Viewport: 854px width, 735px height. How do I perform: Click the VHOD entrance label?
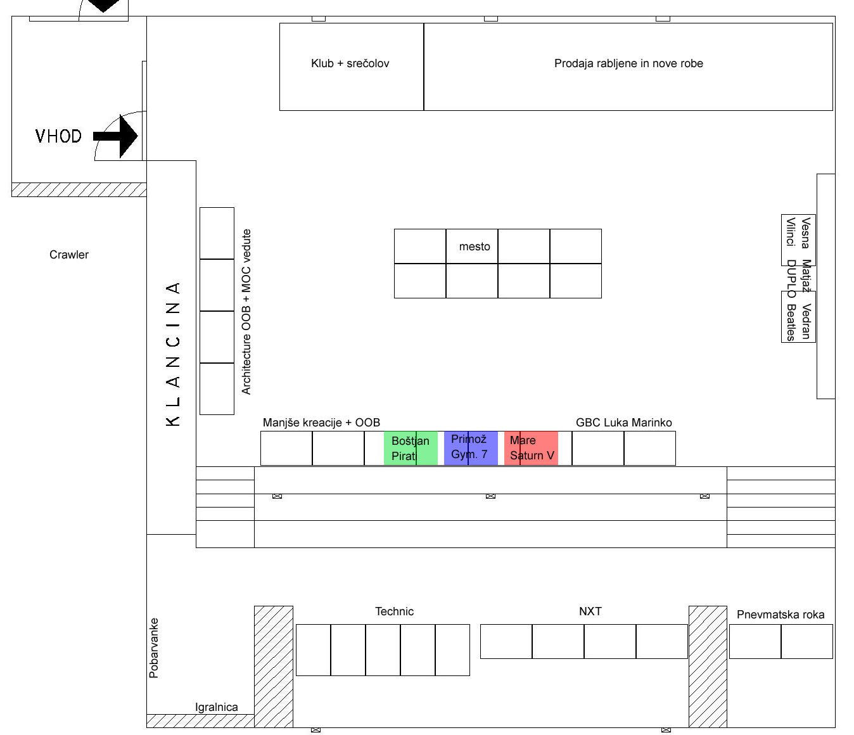click(x=59, y=136)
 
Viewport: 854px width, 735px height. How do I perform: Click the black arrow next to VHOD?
click(x=116, y=136)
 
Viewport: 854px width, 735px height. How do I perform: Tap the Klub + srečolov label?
click(x=350, y=63)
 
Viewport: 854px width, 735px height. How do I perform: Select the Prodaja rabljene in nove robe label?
click(x=628, y=63)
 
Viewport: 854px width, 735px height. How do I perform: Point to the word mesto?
click(x=475, y=246)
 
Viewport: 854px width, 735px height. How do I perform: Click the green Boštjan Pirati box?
click(x=411, y=448)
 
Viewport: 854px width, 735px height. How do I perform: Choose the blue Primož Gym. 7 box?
click(x=471, y=448)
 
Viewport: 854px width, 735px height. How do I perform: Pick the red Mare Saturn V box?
click(x=531, y=448)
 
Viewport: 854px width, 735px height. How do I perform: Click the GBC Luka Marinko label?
click(x=624, y=423)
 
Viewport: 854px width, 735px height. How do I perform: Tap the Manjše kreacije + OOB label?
click(x=321, y=423)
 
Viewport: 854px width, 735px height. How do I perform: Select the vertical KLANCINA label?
click(x=173, y=354)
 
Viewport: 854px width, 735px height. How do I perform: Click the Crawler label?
click(x=69, y=255)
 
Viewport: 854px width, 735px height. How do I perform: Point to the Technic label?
click(x=394, y=611)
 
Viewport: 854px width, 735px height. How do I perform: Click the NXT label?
click(x=590, y=611)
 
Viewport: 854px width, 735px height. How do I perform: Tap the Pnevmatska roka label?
click(x=781, y=615)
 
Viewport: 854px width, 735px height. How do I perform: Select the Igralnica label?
click(x=217, y=707)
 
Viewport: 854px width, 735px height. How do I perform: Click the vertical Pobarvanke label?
click(x=154, y=648)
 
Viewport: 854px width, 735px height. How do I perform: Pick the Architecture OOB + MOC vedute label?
click(x=246, y=312)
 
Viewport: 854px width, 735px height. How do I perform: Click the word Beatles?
click(x=791, y=323)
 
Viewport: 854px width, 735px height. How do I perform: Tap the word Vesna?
click(x=806, y=233)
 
